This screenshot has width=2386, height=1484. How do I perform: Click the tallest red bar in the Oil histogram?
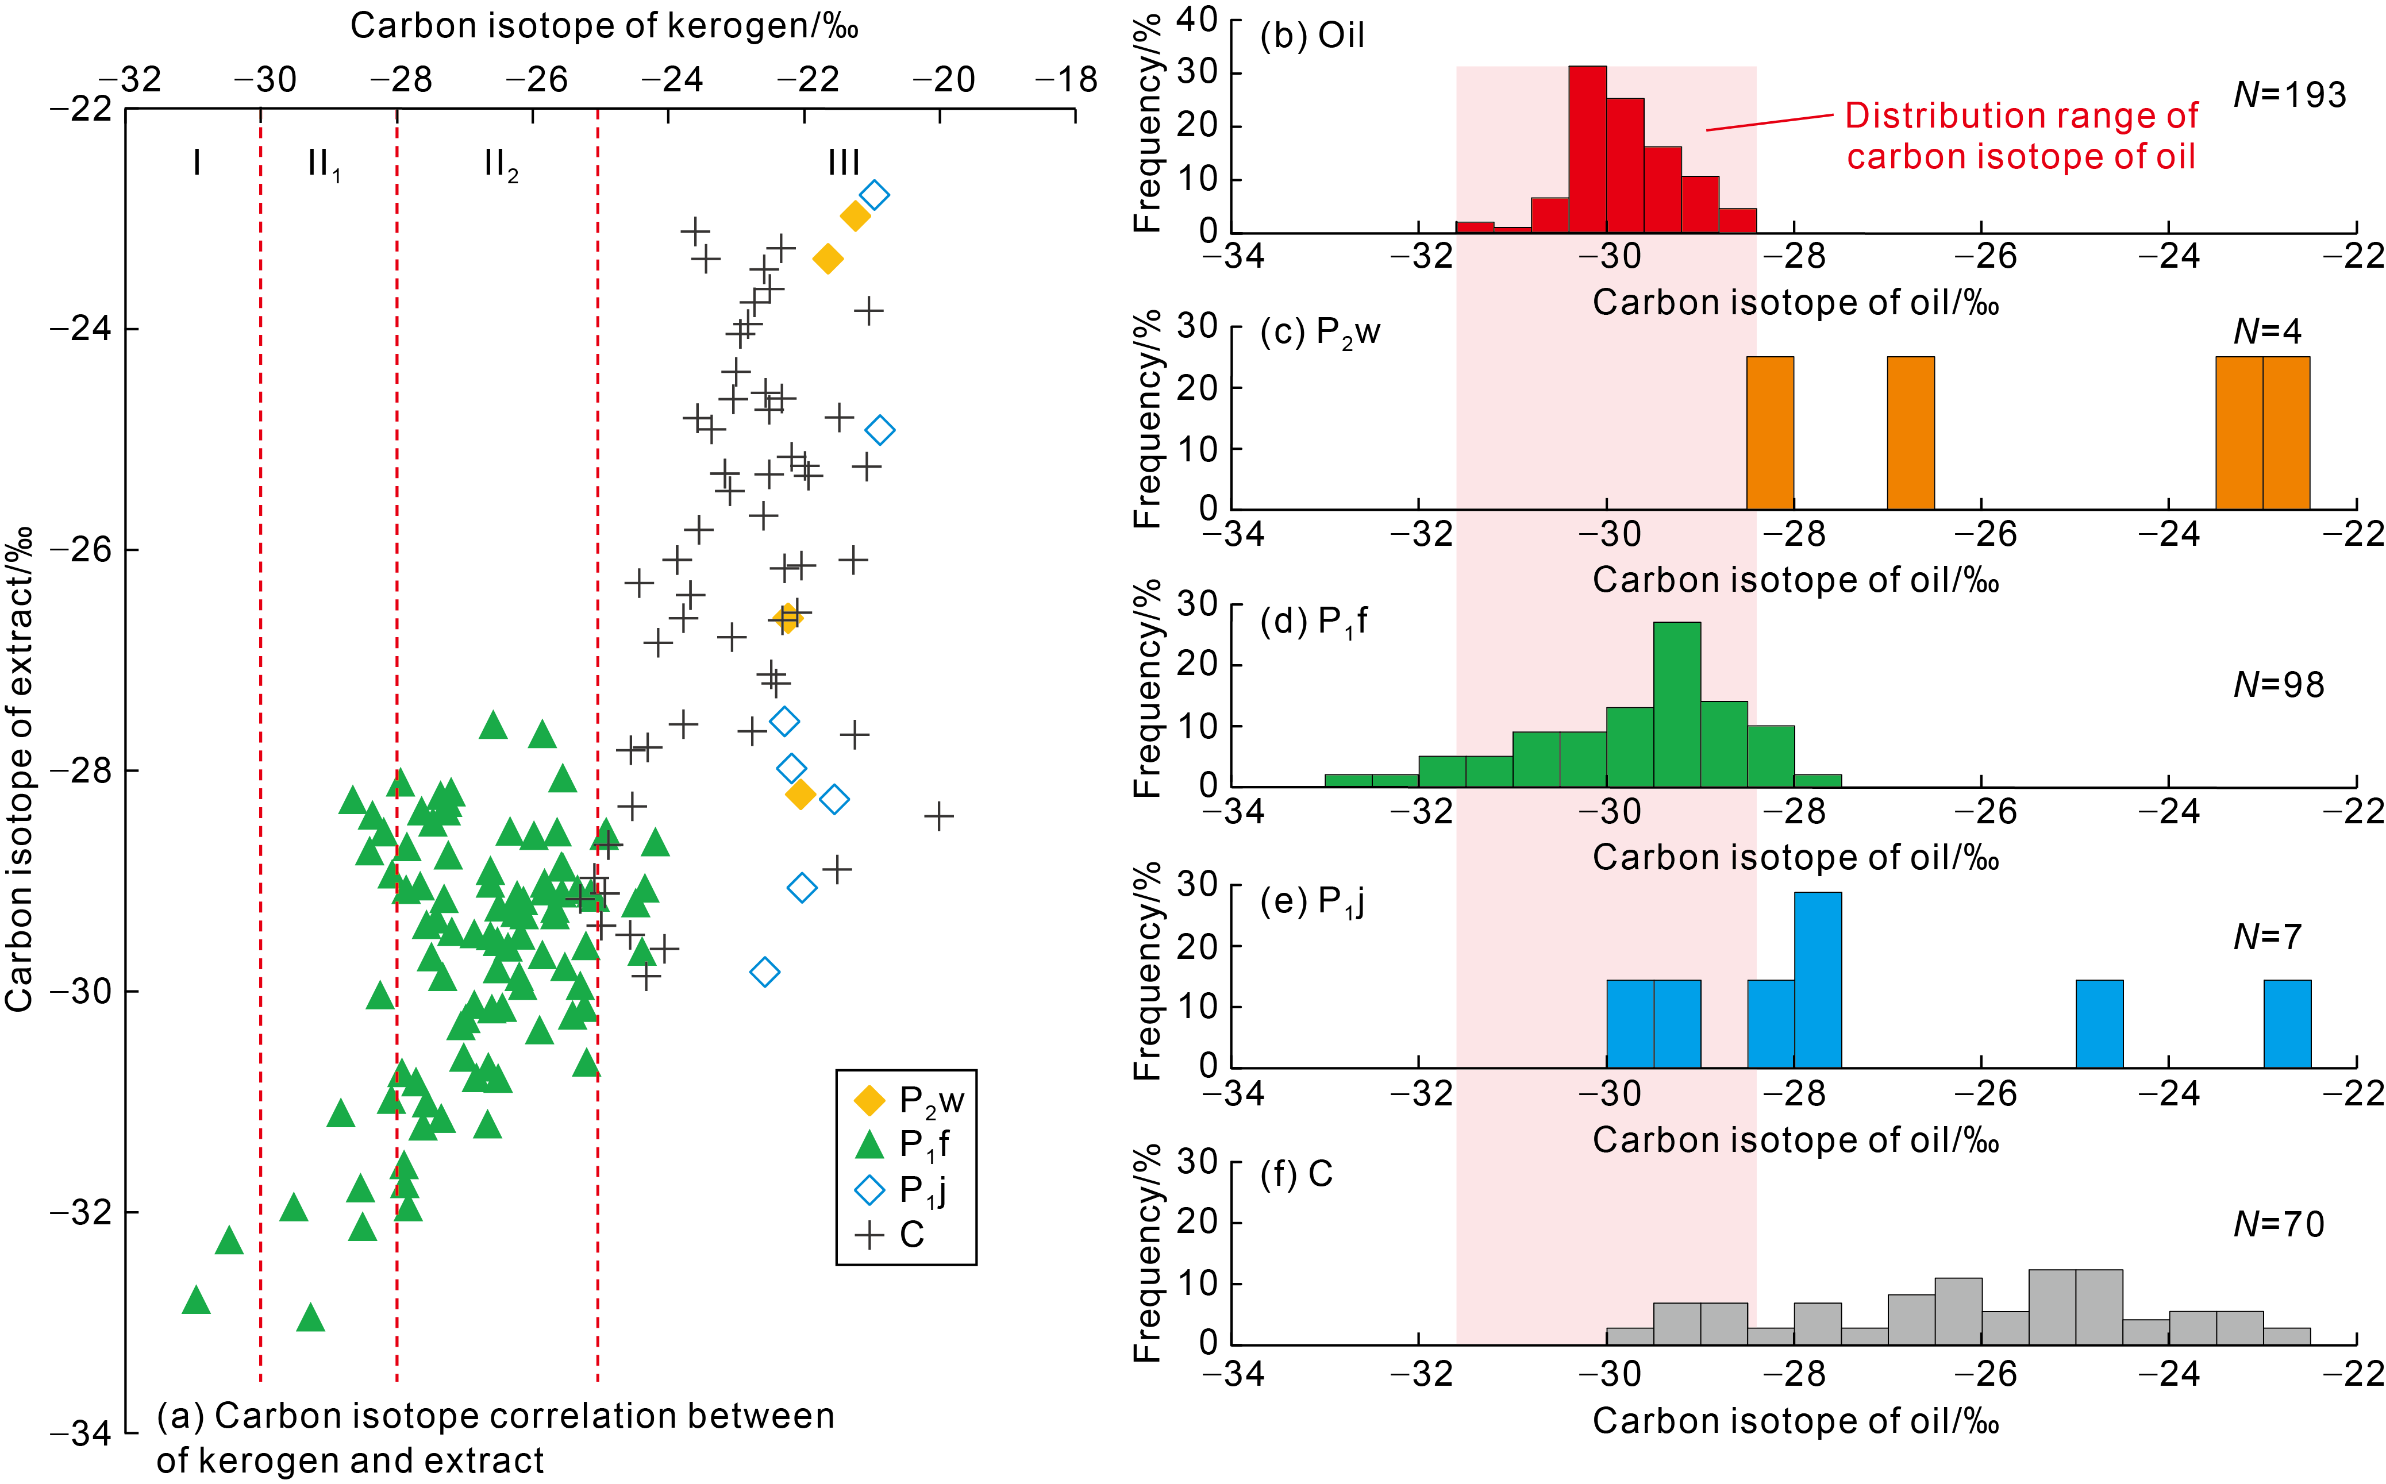(1587, 149)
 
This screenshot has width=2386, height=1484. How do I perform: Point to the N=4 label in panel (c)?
(2267, 332)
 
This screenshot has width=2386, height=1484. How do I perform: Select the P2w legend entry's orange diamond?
(869, 1100)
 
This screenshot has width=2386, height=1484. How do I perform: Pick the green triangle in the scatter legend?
(869, 1144)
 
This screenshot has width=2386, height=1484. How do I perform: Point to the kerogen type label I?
(197, 162)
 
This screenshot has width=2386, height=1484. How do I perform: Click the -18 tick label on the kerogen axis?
(1067, 79)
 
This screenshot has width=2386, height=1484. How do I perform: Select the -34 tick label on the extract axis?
(80, 1434)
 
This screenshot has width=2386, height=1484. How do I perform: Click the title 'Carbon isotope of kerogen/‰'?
(603, 25)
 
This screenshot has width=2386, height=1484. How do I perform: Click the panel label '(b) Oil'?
(1311, 36)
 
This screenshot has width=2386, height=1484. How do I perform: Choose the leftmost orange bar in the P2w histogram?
(1769, 433)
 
